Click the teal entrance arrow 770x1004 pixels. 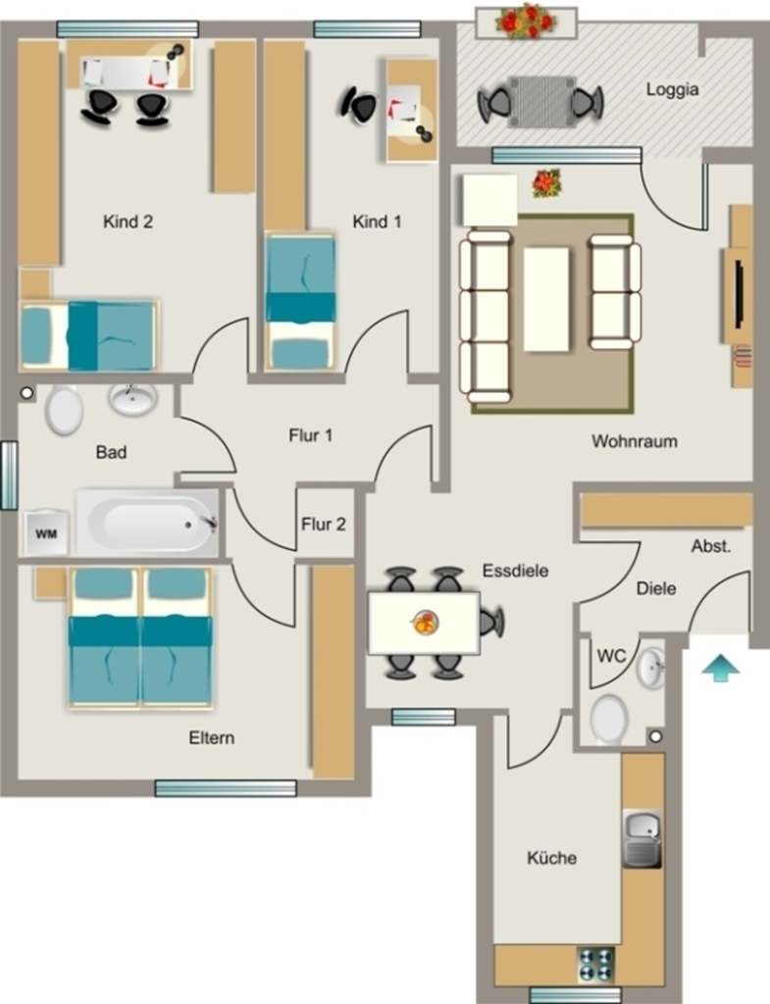[721, 667]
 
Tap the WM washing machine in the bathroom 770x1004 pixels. [45, 532]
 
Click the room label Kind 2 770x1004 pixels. [128, 222]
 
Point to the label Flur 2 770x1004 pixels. [324, 525]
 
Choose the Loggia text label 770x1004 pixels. [672, 89]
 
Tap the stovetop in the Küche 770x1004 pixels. [596, 965]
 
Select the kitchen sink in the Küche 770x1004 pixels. [642, 839]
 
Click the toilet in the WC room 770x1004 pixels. [608, 720]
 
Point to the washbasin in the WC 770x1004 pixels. [650, 668]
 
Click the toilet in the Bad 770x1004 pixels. [64, 410]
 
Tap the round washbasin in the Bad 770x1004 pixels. [133, 399]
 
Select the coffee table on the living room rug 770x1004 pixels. [546, 299]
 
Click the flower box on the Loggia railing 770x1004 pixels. [527, 22]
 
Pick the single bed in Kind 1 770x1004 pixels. [300, 302]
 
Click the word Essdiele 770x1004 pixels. [515, 571]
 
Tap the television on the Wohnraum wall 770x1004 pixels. [740, 294]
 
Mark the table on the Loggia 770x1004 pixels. [542, 102]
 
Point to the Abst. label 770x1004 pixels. [711, 546]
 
